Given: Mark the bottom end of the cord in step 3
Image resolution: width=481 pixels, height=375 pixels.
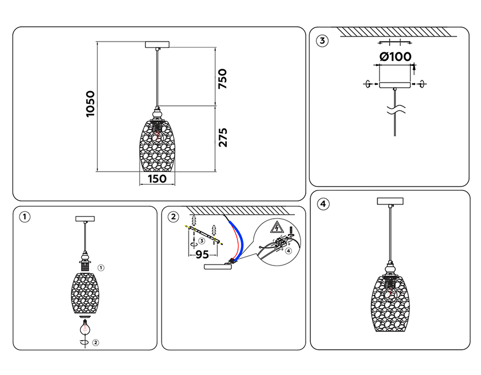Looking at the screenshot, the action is point(395,136).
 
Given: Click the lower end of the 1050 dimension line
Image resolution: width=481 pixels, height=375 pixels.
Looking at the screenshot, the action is point(97,171).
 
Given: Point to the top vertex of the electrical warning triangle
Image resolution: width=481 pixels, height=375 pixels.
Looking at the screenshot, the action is point(277,221).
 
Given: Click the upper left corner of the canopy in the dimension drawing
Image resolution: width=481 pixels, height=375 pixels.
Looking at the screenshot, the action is point(146,41).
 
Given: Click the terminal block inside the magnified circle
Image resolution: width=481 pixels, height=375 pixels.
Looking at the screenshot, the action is point(281,241).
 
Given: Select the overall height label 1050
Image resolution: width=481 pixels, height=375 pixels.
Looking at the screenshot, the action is point(90,104).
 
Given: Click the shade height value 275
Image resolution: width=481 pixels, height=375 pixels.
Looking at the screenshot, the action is point(223,138).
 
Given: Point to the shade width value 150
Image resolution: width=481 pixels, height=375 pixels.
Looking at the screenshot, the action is point(157,179).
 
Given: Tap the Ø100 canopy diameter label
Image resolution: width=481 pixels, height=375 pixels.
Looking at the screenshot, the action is point(396,57).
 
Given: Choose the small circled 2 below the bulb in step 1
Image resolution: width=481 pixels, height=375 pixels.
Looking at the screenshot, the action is point(96,343).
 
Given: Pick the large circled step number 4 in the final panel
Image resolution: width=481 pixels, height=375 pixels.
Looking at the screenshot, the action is point(323,204).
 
